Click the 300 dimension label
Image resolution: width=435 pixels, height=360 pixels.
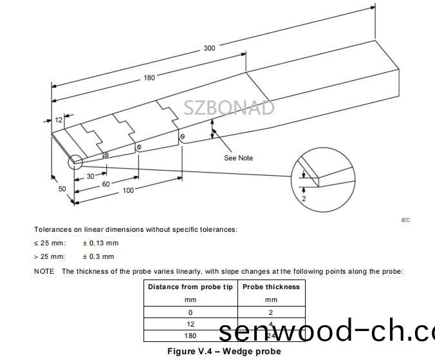pos(209,48)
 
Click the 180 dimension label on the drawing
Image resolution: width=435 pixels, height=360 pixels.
pos(149,78)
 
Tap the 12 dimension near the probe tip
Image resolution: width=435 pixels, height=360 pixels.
pos(59,120)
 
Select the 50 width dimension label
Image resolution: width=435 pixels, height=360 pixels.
pos(62,189)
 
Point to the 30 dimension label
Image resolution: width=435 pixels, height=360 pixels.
pos(91,176)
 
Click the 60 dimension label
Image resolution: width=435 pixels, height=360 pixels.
pos(106,184)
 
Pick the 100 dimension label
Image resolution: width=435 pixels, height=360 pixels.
pos(129,190)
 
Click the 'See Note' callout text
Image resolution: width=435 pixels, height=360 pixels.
pos(238,158)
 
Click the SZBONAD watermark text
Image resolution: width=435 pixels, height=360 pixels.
pos(229,108)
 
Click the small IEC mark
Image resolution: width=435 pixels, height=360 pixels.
pos(405,220)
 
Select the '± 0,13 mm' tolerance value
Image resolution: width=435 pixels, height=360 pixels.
pos(100,243)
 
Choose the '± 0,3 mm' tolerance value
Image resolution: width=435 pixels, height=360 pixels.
pos(98,256)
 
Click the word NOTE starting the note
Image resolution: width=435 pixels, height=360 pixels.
pos(44,271)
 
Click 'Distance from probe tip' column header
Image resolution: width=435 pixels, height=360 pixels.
pos(190,287)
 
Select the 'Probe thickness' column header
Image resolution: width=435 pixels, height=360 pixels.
pos(271,287)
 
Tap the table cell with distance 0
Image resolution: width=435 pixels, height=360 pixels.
pos(190,312)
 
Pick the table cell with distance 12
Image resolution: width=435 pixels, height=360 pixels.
pos(190,324)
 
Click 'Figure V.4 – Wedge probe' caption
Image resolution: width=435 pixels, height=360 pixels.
pos(224,352)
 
